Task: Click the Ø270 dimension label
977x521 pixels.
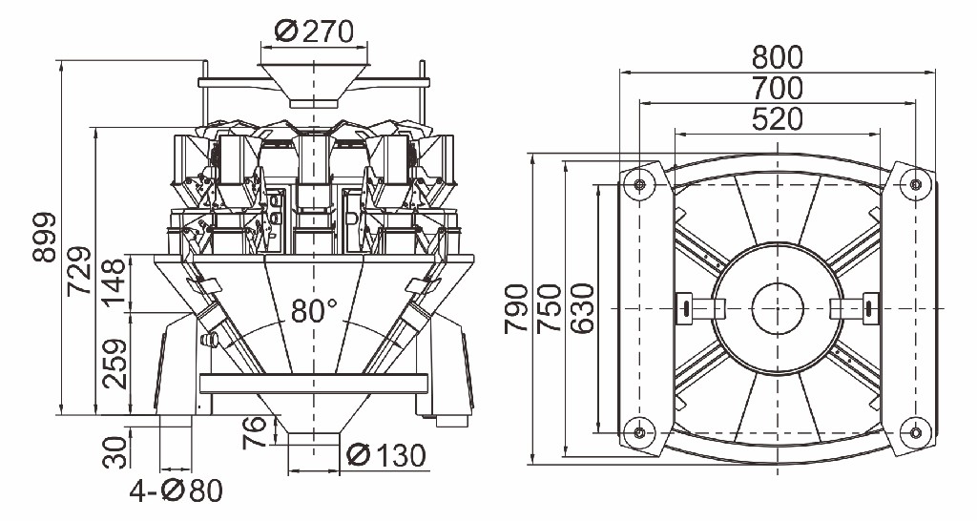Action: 315,31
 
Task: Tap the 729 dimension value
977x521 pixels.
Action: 81,272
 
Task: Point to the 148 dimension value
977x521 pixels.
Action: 114,283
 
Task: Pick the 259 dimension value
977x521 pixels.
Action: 114,365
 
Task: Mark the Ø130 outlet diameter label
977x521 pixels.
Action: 386,456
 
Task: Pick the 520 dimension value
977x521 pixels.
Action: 777,120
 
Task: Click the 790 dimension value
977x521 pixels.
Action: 516,308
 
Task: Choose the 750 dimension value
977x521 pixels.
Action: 549,308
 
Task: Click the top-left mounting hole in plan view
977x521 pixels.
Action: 638,184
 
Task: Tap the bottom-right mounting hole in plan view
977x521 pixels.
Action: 915,432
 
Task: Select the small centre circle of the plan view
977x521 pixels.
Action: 777,308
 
